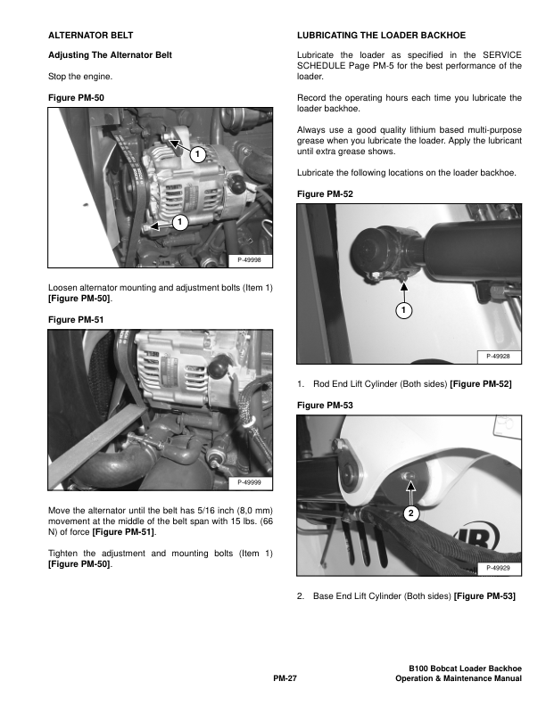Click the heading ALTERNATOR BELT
pyautogui.click(x=90, y=35)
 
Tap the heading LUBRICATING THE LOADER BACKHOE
pyautogui.click(x=381, y=35)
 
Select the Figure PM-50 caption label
pyautogui.click(x=76, y=98)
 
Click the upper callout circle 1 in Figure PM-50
pyautogui.click(x=197, y=154)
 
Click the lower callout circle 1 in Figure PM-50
pyautogui.click(x=180, y=222)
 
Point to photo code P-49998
pyautogui.click(x=249, y=259)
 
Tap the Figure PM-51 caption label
pyautogui.click(x=76, y=320)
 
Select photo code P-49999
pyautogui.click(x=249, y=482)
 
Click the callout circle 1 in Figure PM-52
pyautogui.click(x=403, y=310)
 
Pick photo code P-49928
pyautogui.click(x=498, y=357)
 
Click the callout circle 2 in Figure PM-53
pyautogui.click(x=411, y=513)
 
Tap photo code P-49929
pyautogui.click(x=498, y=568)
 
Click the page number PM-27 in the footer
pyautogui.click(x=285, y=678)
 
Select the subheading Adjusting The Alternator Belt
pyautogui.click(x=110, y=55)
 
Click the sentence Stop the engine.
pyautogui.click(x=80, y=77)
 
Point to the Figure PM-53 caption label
pyautogui.click(x=325, y=406)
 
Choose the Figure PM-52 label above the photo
pyautogui.click(x=325, y=194)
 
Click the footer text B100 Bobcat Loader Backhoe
pyautogui.click(x=466, y=669)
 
